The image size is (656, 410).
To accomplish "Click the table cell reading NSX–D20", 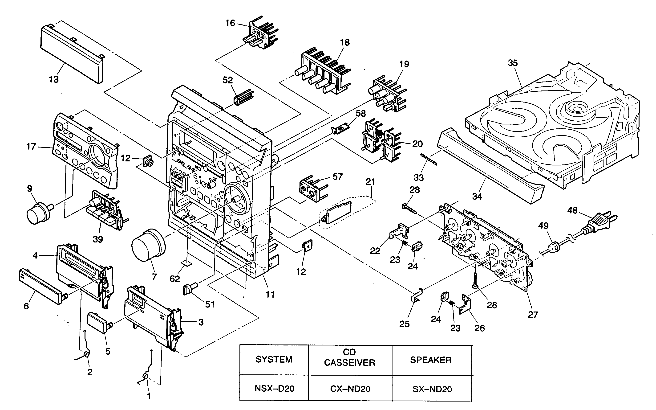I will pos(274,389).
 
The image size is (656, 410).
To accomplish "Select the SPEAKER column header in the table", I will pos(431,360).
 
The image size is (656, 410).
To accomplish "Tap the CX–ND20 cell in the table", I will pos(350,389).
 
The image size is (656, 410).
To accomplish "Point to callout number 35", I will pos(513,63).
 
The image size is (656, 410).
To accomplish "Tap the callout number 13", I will pos(54,79).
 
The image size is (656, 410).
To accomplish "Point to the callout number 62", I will pos(175,279).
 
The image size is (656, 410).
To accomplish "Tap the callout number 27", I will pos(532,315).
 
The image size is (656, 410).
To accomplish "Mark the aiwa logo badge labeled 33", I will pos(428,160).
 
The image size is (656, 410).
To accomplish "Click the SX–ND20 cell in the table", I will pos(432,389).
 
